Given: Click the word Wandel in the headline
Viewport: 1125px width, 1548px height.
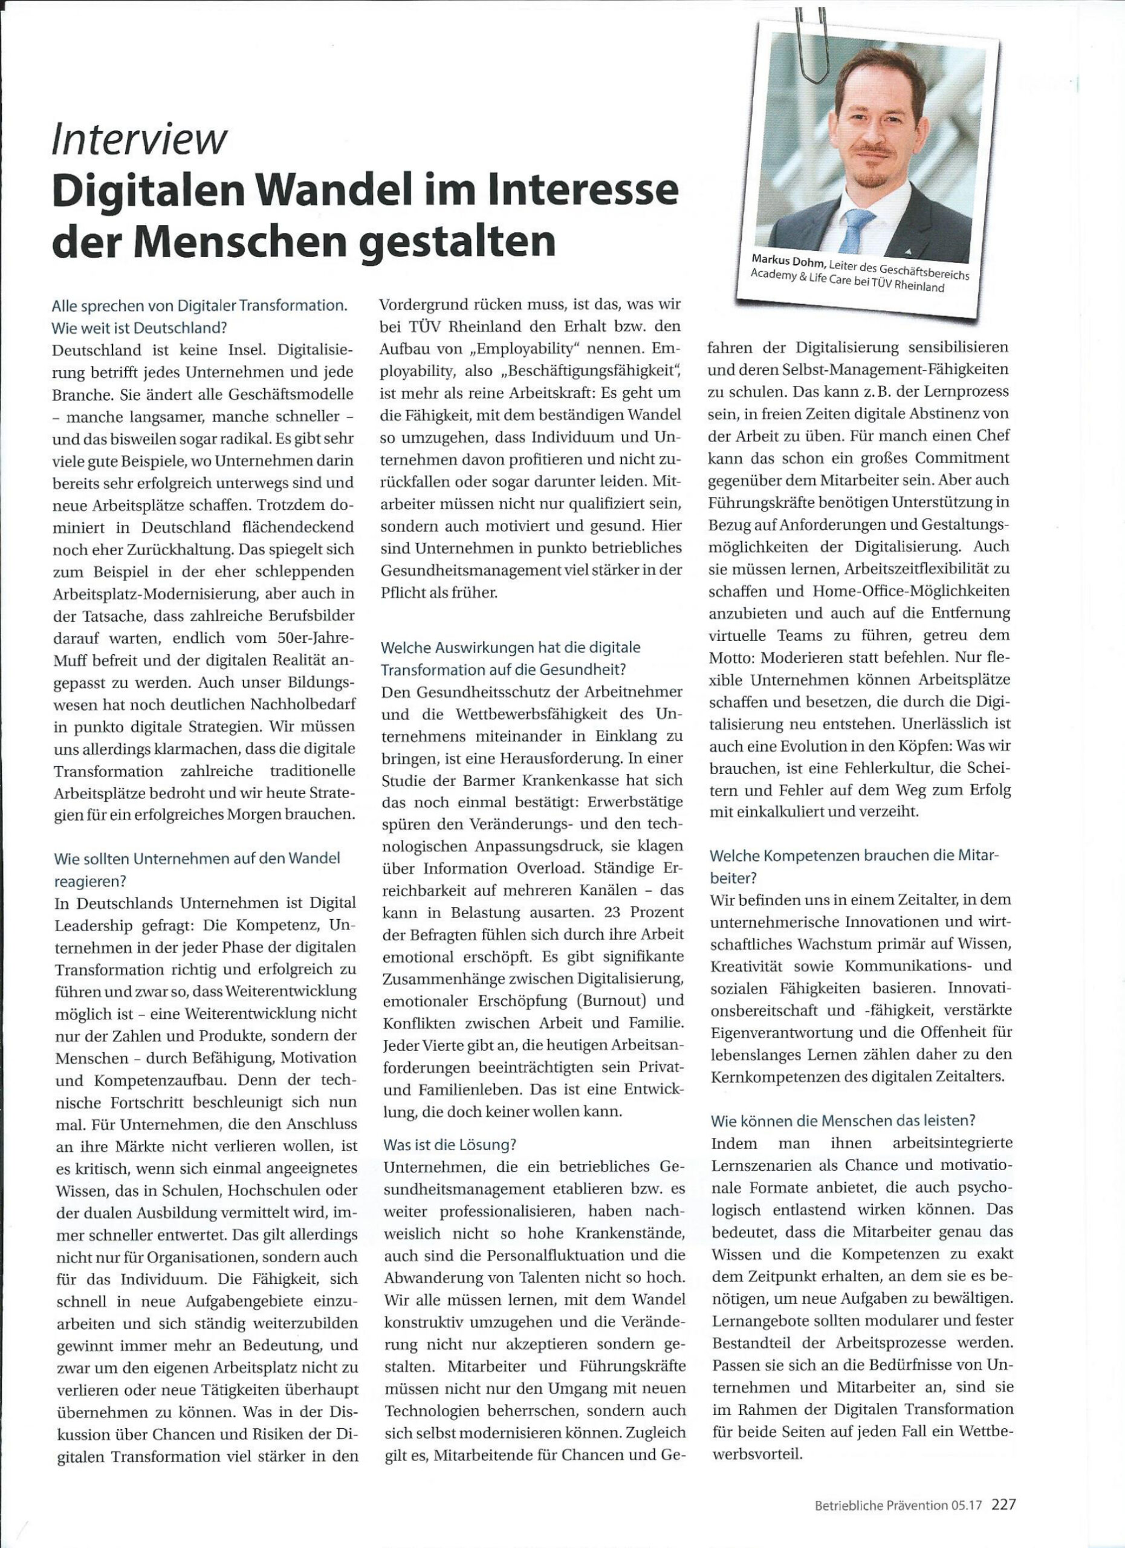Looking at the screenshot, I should (x=341, y=193).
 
